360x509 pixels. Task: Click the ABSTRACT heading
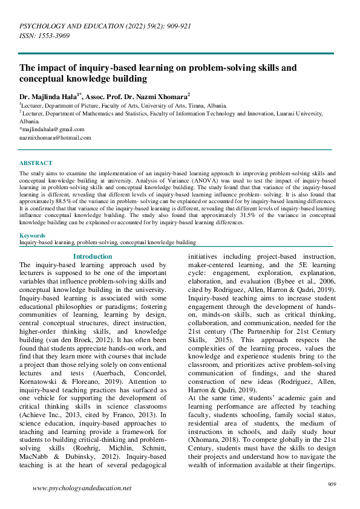pos(36,163)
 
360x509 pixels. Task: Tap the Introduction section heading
pos(92,256)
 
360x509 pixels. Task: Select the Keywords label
pos(32,236)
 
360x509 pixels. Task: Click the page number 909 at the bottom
pos(332,484)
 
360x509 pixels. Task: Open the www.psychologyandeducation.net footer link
pos(82,488)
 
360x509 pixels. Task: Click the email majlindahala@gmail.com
pos(53,129)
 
